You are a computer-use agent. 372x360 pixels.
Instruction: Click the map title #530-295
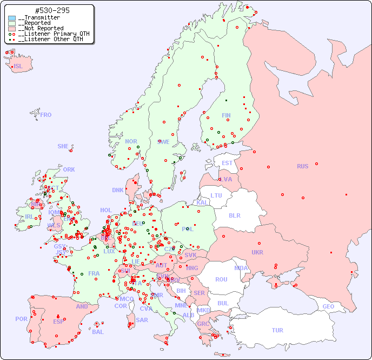click(51, 10)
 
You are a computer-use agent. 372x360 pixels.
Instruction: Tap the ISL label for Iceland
click(18, 67)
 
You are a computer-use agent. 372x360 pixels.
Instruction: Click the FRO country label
click(46, 115)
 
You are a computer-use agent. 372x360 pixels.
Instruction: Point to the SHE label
click(63, 146)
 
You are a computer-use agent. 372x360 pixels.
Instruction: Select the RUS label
click(302, 166)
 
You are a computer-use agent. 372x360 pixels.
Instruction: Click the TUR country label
click(277, 330)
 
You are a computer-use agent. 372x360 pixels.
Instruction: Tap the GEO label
click(328, 306)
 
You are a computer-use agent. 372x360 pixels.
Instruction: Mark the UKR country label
click(257, 252)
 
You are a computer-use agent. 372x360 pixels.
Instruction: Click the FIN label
click(226, 115)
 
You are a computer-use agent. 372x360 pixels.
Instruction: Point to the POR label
click(21, 319)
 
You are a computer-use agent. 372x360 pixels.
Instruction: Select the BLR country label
click(234, 215)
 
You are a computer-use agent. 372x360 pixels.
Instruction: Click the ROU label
click(221, 279)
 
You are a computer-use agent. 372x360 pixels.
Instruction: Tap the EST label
click(227, 163)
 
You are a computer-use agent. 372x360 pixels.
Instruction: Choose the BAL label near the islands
click(98, 332)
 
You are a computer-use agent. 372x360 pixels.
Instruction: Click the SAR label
click(142, 320)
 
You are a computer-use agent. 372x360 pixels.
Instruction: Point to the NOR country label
click(131, 141)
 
